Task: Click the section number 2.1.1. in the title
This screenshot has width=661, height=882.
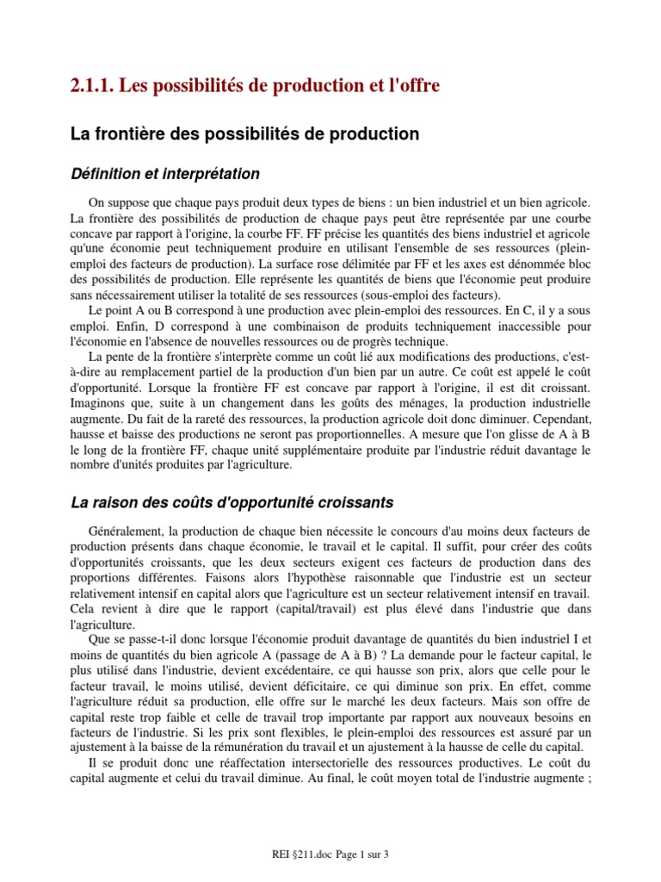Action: tap(90, 85)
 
